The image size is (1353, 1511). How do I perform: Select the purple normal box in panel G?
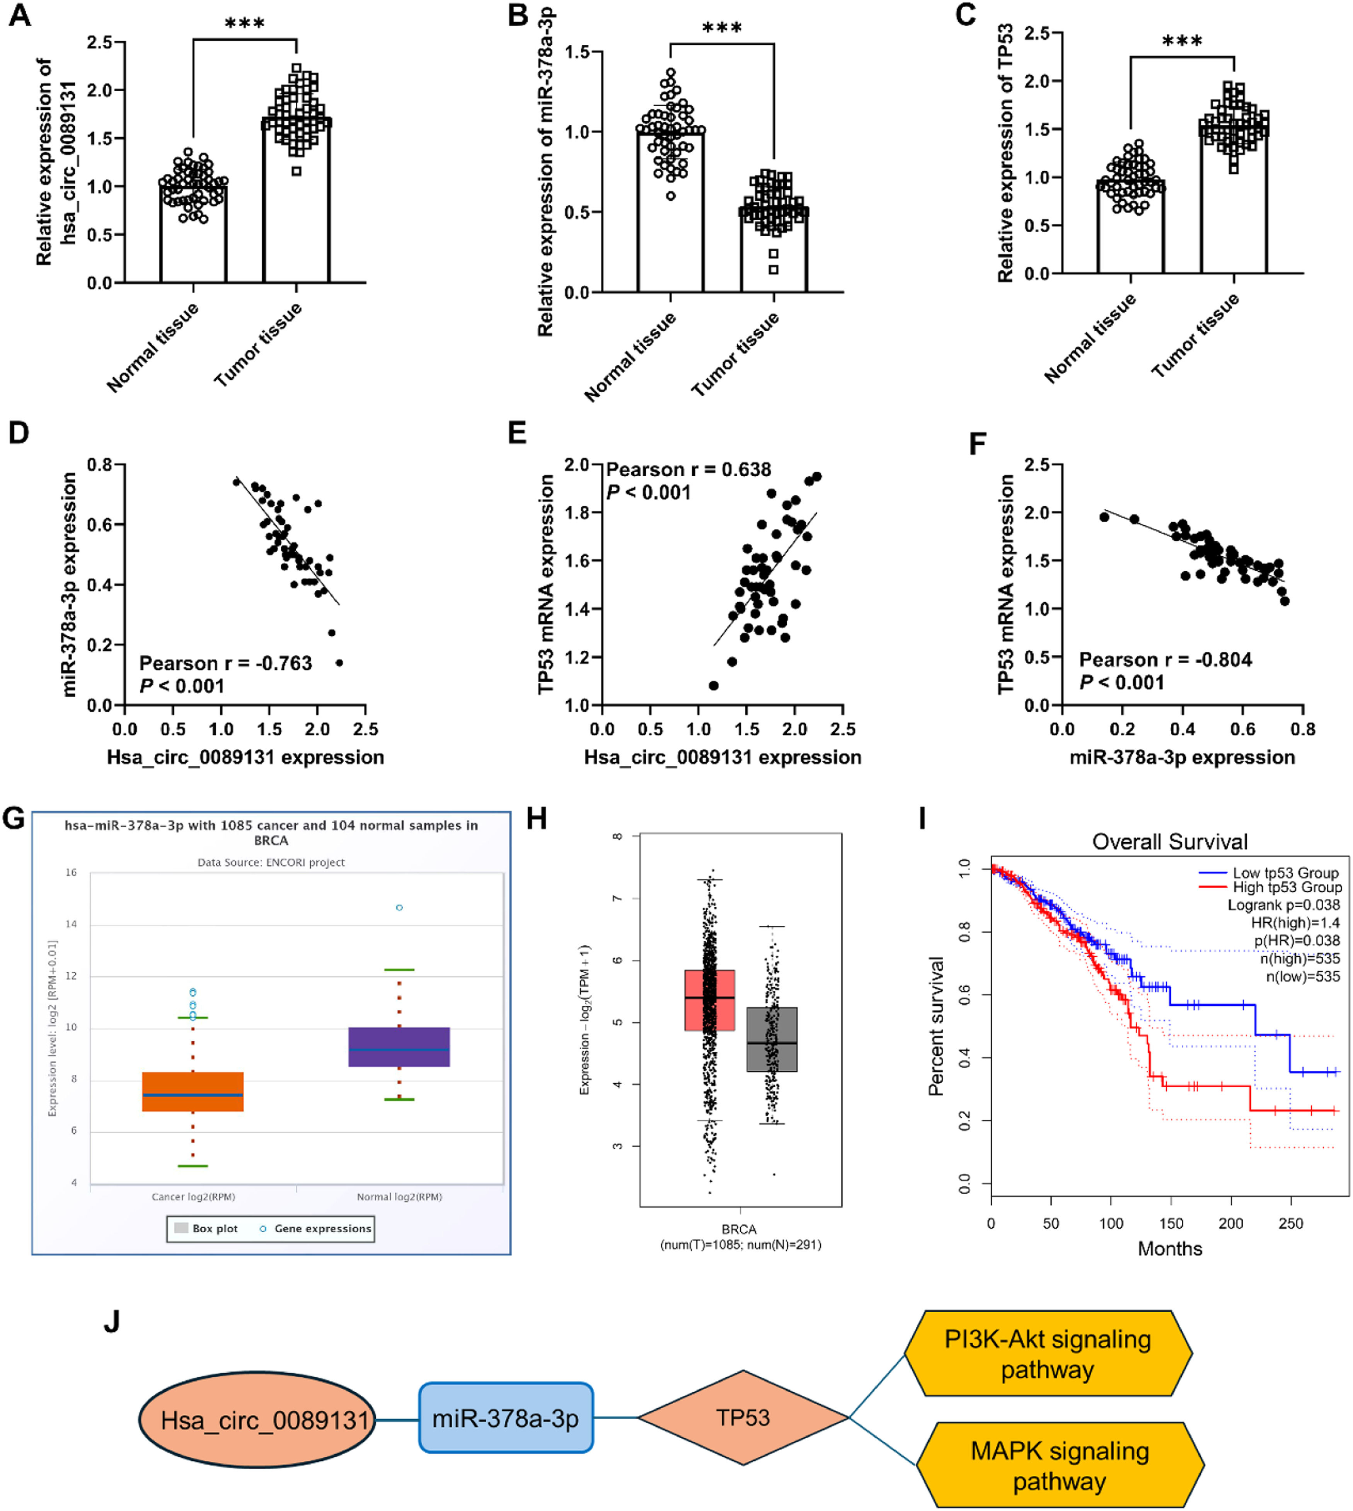(x=399, y=1046)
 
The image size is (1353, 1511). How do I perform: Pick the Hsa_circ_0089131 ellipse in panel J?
(x=257, y=1419)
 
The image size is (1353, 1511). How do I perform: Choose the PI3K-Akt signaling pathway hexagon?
(x=1048, y=1354)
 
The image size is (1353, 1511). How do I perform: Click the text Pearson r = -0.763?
(x=225, y=663)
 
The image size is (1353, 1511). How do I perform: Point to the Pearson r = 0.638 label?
(x=688, y=470)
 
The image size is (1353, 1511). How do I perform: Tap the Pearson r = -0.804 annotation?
(x=1165, y=659)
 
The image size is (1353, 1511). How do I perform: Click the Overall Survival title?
(x=1169, y=842)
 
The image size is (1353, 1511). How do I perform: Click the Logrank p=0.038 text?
(x=1283, y=905)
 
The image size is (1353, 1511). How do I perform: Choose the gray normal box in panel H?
(x=772, y=1039)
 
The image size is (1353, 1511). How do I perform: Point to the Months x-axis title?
(x=1169, y=1249)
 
